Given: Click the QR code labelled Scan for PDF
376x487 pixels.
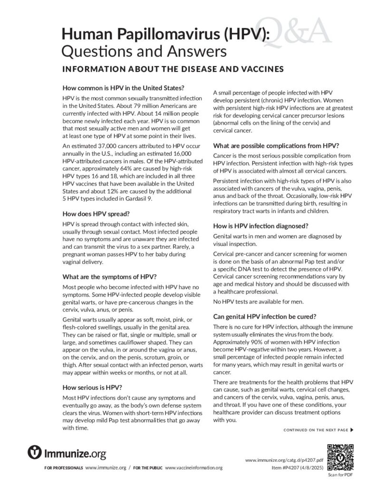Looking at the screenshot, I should [x=341, y=456].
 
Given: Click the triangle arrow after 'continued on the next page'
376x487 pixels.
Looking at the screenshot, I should [x=352, y=430].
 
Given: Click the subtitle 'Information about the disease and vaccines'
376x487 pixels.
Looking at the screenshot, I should [x=173, y=68].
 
